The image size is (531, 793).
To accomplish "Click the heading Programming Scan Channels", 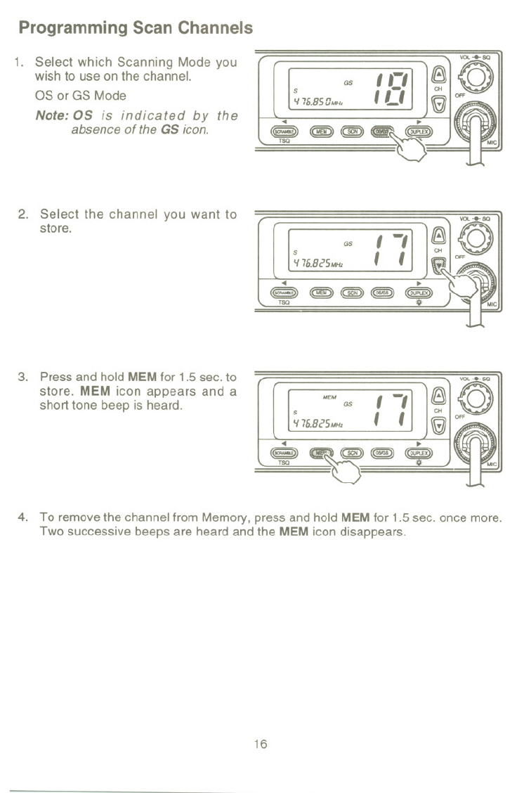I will [136, 29].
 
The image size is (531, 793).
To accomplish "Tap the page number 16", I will [261, 744].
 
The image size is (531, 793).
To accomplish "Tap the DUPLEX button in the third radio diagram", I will [419, 453].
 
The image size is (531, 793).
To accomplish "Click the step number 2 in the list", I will [22, 214].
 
